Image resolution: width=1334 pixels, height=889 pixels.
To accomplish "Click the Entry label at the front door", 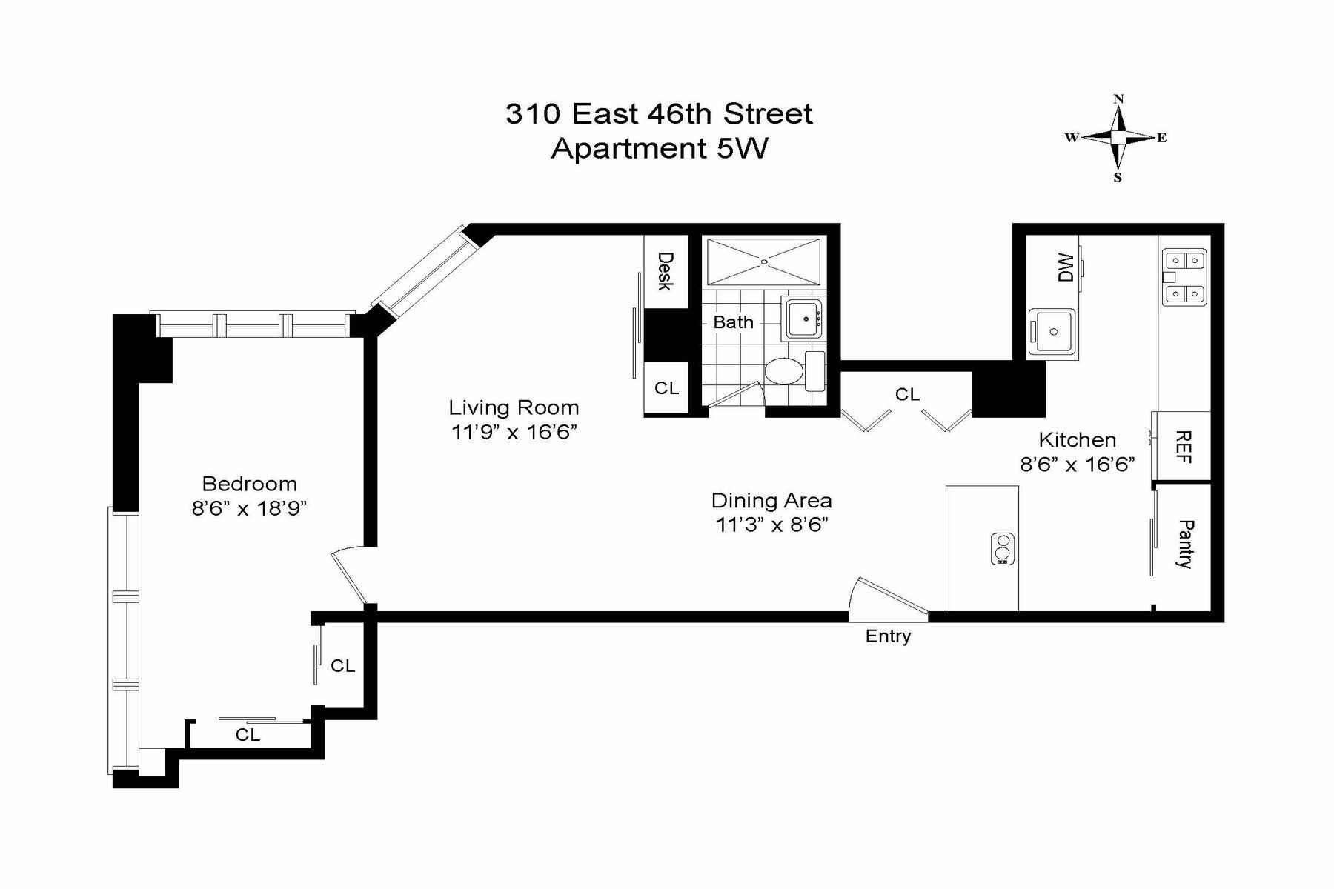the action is click(x=888, y=636).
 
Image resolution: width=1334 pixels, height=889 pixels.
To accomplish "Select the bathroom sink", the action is click(x=804, y=319).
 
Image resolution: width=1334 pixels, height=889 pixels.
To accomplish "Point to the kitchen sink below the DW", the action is click(x=1052, y=330).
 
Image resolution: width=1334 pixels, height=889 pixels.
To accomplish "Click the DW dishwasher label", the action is click(x=1066, y=267).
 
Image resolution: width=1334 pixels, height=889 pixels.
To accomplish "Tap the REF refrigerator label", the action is click(x=1184, y=447).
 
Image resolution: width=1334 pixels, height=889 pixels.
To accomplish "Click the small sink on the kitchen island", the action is click(x=1003, y=549).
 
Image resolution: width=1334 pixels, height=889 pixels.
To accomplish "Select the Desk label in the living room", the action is click(x=665, y=271).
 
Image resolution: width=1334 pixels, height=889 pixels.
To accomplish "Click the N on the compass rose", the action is click(x=1119, y=99).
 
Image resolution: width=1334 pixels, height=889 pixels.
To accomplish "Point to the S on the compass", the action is click(x=1118, y=178).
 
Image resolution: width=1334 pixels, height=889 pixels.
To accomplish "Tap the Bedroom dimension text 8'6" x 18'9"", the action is click(x=249, y=508).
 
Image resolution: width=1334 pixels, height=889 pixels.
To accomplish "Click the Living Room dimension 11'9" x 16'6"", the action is click(x=514, y=432).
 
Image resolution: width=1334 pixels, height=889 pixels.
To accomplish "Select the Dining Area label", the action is click(x=771, y=501).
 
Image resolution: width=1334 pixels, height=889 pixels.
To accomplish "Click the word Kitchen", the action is click(x=1077, y=440).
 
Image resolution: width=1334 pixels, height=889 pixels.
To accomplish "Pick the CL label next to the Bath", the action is click(x=666, y=388).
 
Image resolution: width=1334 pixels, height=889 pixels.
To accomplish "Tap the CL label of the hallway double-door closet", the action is click(x=907, y=395).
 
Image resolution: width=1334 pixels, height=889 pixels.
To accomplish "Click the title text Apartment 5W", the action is click(x=660, y=148).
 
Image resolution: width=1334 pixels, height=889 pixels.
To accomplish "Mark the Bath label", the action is click(x=733, y=322).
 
